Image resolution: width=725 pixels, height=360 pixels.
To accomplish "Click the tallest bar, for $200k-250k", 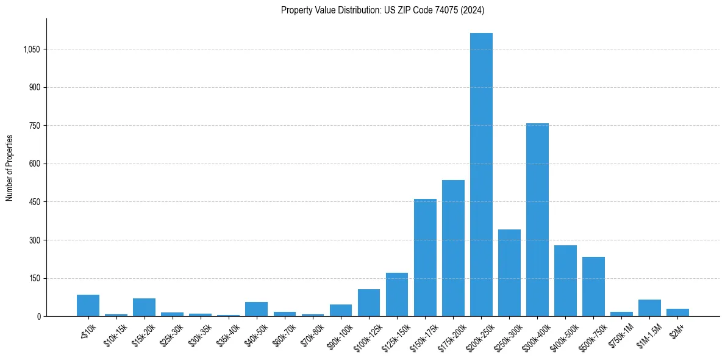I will point(481,175).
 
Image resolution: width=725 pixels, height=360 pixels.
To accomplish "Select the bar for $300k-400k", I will point(537,220).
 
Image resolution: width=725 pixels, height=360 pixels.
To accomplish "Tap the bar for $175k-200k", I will point(453,248).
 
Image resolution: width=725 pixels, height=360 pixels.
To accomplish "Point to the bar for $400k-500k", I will point(565,281).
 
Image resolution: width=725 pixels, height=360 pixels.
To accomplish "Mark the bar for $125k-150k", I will point(397,295).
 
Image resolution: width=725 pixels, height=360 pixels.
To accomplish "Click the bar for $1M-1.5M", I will point(649,308).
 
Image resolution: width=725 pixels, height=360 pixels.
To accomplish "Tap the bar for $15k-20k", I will point(144,308).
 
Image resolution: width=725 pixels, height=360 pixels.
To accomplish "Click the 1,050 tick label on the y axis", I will point(31,49).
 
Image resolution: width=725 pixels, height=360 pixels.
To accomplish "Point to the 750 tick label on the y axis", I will point(35,126).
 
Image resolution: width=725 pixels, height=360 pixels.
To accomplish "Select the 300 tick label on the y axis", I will point(35,240).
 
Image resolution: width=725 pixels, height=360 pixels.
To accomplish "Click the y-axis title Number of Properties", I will point(10,168).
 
